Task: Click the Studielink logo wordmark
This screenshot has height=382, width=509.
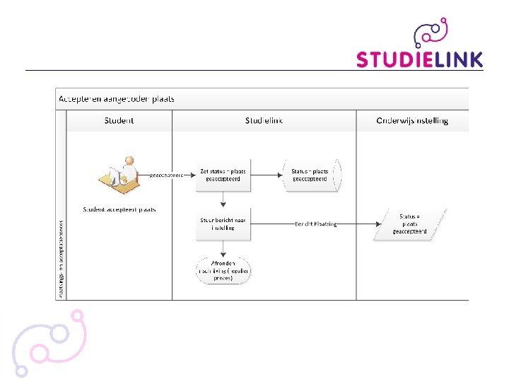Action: [419, 59]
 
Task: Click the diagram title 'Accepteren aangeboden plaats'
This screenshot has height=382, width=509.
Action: [117, 98]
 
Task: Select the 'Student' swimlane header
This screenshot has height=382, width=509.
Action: [119, 121]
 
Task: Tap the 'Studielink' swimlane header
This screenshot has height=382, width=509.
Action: [264, 121]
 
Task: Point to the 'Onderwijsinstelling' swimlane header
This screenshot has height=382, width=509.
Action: [412, 121]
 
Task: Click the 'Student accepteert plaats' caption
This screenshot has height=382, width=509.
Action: [119, 209]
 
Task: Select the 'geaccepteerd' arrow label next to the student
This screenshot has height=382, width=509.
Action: [167, 175]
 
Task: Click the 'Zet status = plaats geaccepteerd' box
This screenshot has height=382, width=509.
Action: [223, 175]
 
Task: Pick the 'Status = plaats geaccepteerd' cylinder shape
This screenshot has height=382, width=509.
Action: [311, 175]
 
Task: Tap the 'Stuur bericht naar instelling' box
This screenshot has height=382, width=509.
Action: [223, 224]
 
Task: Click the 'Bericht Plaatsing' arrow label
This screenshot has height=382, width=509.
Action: [315, 224]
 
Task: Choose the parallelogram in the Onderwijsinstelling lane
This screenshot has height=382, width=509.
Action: [410, 224]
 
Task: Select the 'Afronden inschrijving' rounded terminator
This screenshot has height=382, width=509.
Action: [223, 270]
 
